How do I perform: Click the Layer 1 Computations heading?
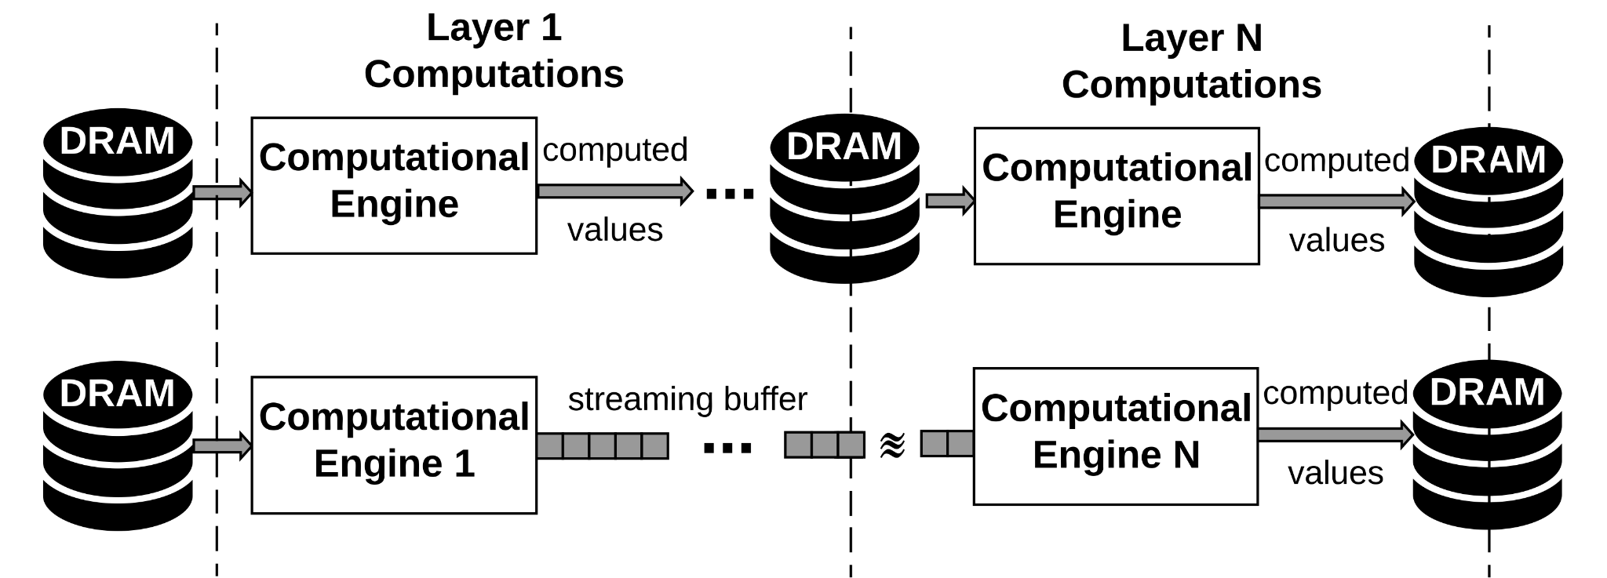coord(494,52)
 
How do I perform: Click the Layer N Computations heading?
coord(1191,62)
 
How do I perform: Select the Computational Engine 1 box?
coord(394,445)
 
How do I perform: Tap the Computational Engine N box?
coord(1115,436)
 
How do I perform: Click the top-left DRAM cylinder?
coord(118,193)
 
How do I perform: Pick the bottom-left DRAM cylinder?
coord(118,445)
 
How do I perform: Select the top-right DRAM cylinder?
coord(1488,212)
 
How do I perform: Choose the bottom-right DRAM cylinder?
coord(1487,445)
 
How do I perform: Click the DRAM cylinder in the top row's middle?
coord(844,198)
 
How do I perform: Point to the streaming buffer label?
coord(687,399)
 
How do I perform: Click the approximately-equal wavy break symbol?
coord(892,445)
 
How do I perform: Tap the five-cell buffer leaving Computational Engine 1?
coord(603,446)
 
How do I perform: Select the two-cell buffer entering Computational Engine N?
coord(947,443)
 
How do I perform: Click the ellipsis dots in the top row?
coord(730,192)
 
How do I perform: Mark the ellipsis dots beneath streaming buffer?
coord(727,448)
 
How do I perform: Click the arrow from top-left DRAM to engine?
coord(222,192)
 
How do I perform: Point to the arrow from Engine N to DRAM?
coord(1335,434)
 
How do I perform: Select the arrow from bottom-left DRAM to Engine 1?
coord(222,446)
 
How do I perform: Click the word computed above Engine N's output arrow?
coord(1336,393)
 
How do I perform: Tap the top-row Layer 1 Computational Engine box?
coord(394,186)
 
